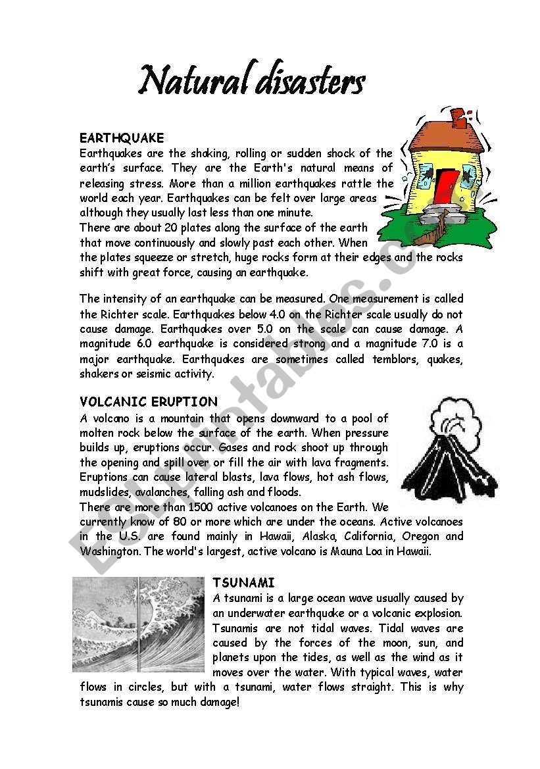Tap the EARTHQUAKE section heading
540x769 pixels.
pos(122,138)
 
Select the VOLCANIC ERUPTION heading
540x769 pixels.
pos(149,402)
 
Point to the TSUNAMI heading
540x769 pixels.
pos(243,583)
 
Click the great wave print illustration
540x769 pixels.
pos(138,624)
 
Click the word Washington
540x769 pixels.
pos(110,551)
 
